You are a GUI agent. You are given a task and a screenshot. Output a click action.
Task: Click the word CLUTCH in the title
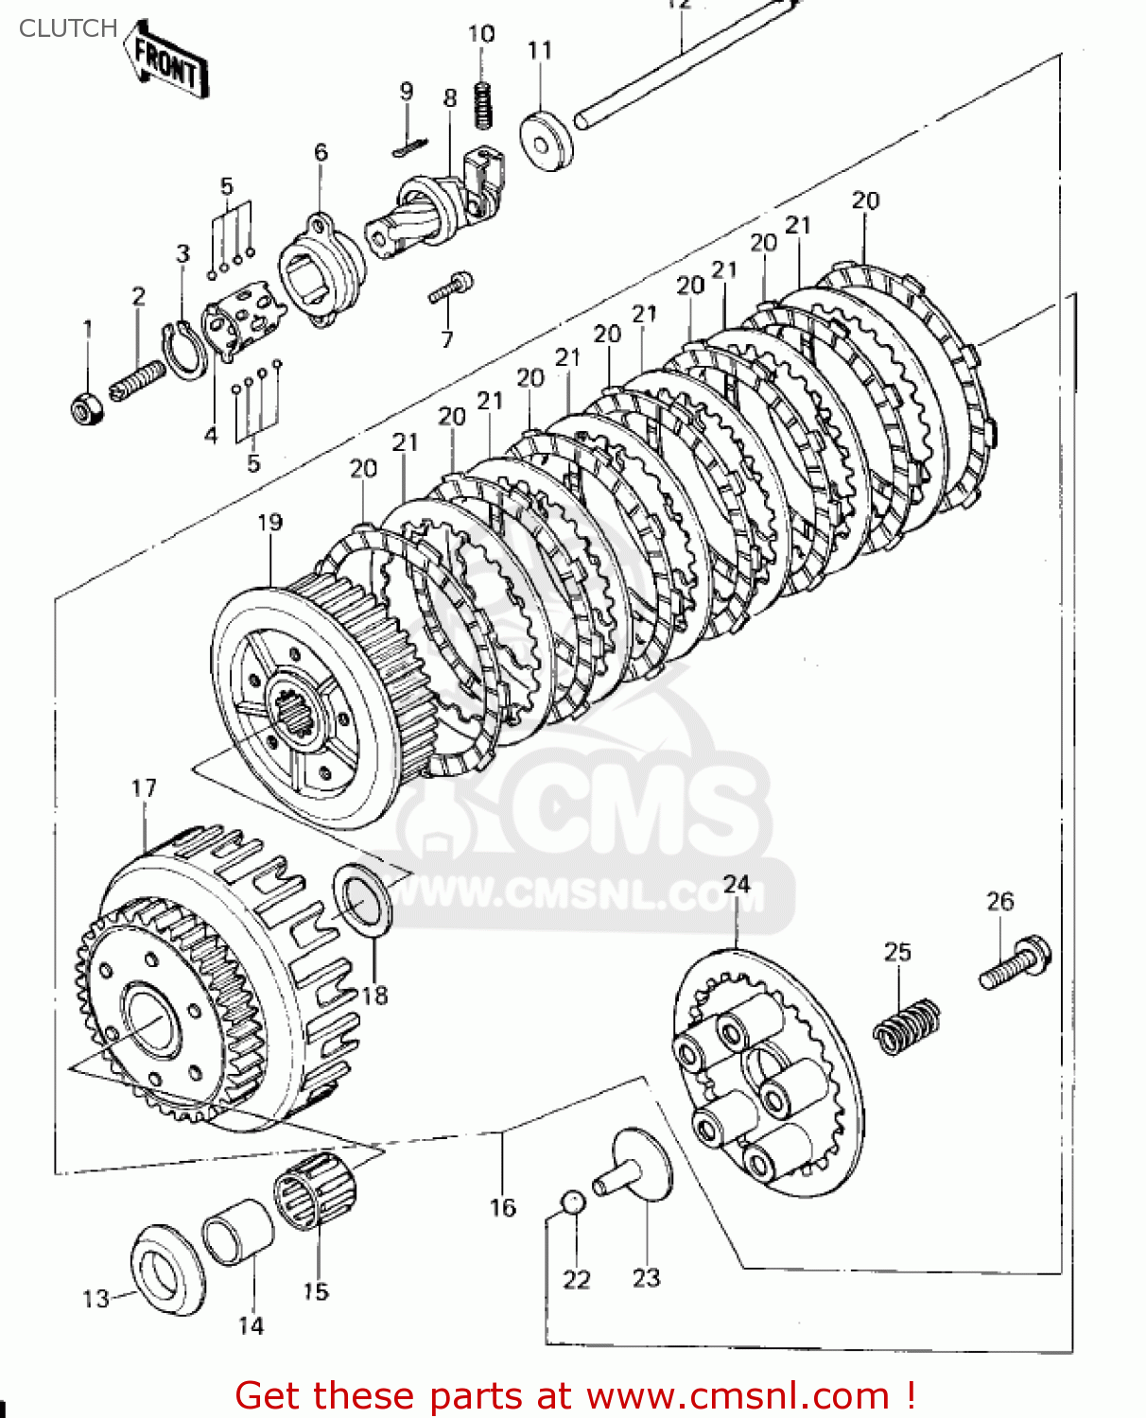coord(67,28)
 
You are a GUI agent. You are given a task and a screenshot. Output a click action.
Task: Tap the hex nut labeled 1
coord(86,407)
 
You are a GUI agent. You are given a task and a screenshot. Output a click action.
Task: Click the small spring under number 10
coord(482,105)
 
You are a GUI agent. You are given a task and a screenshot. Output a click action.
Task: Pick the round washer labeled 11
coord(547,141)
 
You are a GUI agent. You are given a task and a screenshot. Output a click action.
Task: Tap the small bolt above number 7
coord(450,287)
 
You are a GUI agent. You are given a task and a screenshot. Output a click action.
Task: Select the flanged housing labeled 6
coord(322,268)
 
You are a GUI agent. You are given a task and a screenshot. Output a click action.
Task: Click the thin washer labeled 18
coord(362,899)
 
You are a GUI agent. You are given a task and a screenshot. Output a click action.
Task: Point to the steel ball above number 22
coord(573,1201)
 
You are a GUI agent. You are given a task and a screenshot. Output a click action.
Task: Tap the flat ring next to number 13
coord(166,1270)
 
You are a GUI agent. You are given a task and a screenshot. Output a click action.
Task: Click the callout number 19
coord(269,522)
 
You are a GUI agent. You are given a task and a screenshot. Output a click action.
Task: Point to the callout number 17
coord(144,787)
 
